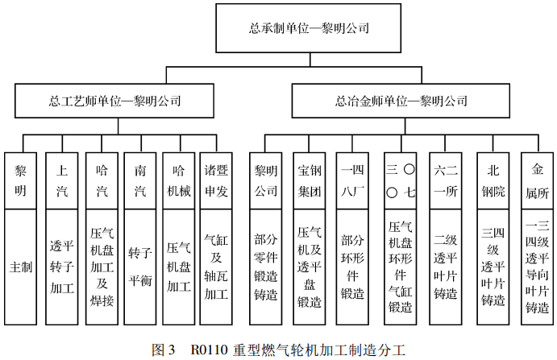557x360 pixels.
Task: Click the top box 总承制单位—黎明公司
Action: (x=309, y=28)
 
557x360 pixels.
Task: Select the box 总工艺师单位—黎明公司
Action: (x=114, y=101)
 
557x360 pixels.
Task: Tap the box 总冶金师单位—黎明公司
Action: (x=401, y=101)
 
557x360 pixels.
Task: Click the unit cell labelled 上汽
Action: (x=62, y=180)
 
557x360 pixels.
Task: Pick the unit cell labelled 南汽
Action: (x=140, y=180)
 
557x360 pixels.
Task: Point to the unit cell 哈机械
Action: (x=179, y=180)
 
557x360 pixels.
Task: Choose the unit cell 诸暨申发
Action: (x=216, y=180)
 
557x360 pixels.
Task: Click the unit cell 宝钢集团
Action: (x=309, y=180)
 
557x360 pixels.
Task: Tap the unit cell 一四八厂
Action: (x=352, y=180)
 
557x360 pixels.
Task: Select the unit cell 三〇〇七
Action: (x=401, y=180)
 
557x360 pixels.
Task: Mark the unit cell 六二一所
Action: (x=446, y=180)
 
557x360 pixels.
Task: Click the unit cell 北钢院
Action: (x=493, y=180)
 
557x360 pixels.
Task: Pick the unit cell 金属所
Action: (x=537, y=180)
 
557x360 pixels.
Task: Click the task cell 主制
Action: (x=21, y=267)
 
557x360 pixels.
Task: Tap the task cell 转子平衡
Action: (x=140, y=267)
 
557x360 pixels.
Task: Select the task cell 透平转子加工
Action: (x=62, y=267)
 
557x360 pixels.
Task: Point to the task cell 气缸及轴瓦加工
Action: (x=216, y=267)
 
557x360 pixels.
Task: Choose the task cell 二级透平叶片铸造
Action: (x=446, y=267)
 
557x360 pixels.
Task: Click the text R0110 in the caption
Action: (x=209, y=350)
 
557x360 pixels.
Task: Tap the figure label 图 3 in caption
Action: (x=164, y=350)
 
